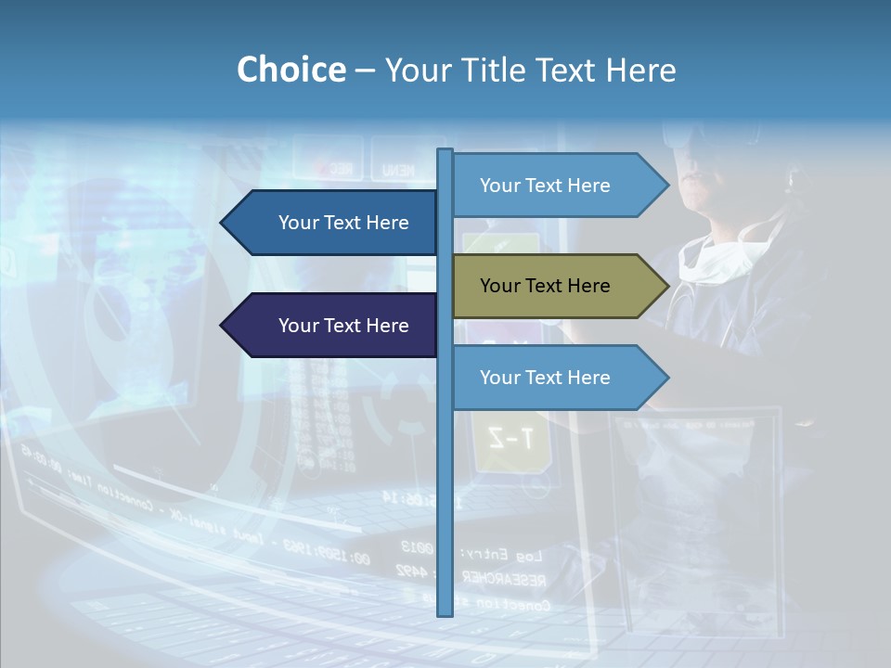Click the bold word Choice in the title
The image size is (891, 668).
291,70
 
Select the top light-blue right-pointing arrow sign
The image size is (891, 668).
557,186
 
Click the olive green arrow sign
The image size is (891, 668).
557,286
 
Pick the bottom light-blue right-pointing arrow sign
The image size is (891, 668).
557,378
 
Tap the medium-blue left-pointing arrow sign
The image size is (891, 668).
334,223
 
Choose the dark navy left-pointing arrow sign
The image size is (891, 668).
334,326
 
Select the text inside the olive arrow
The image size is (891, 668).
545,286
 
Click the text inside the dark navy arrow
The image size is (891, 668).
343,326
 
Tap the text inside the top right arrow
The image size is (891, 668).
545,186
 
